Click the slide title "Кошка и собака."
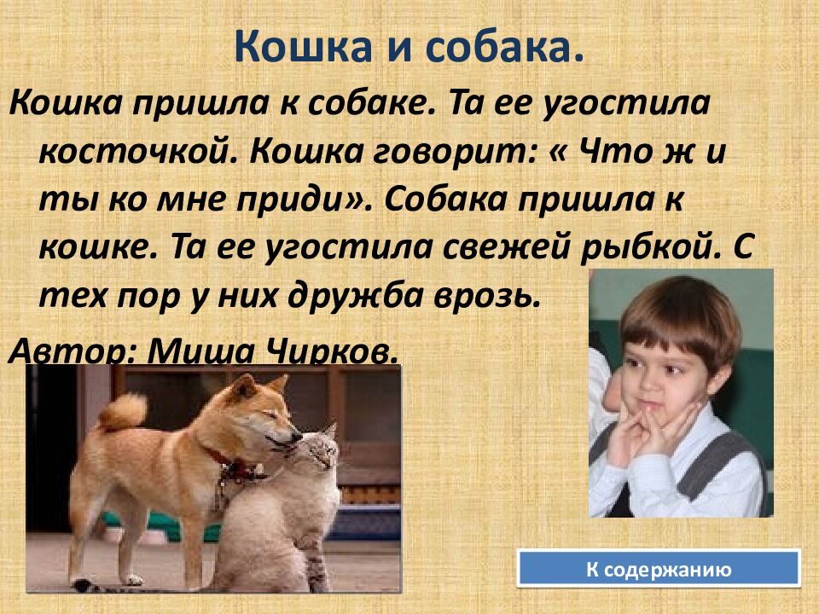tap(409, 49)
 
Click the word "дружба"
tap(383, 297)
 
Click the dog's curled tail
tap(123, 411)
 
